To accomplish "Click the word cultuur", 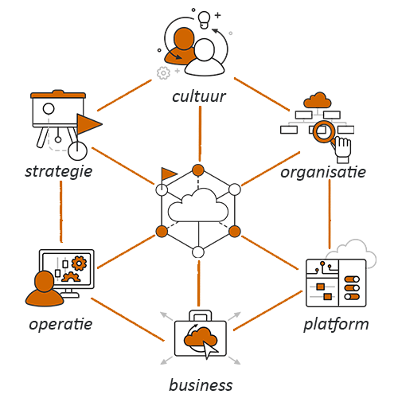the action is click(199, 96).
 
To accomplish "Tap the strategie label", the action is click(59, 172).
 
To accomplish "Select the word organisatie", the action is click(323, 173).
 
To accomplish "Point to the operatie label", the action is click(60, 324).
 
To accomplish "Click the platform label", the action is click(336, 324).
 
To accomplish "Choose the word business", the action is click(201, 385).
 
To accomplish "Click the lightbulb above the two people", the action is click(205, 20).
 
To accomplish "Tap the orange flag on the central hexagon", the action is click(169, 174).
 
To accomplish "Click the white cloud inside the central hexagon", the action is click(198, 205).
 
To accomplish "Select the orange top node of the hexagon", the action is click(198, 170).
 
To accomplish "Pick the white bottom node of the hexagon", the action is click(198, 252).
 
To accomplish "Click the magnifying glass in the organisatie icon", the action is click(324, 132).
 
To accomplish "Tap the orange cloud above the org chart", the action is click(318, 100).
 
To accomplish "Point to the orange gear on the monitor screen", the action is click(79, 263).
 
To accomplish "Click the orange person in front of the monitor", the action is click(45, 289).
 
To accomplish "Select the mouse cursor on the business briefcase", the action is click(210, 349).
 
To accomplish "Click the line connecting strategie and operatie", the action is click(61, 212).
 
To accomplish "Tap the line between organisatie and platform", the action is click(330, 214).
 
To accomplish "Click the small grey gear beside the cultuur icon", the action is click(163, 72).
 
